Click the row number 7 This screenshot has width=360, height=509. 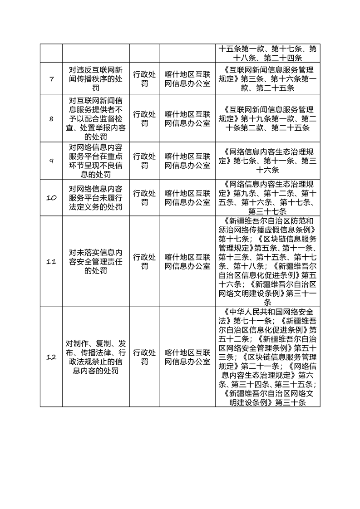click(51, 79)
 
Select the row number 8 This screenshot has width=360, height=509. click(51, 119)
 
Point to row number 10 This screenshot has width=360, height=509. click(51, 198)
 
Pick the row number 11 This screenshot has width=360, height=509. click(51, 262)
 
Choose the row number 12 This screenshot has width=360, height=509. click(51, 357)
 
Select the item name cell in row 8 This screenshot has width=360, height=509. click(96, 119)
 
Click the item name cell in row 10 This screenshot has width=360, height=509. click(96, 198)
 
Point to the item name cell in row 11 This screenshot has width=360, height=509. click(96, 262)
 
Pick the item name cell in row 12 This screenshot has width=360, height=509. click(96, 357)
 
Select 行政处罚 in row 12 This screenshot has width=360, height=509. click(144, 357)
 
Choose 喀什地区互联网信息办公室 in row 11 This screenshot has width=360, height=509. click(187, 262)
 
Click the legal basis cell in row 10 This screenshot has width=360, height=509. click(267, 198)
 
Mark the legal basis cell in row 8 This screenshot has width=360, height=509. click(267, 119)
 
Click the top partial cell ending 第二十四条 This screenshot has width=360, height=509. click(267, 53)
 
